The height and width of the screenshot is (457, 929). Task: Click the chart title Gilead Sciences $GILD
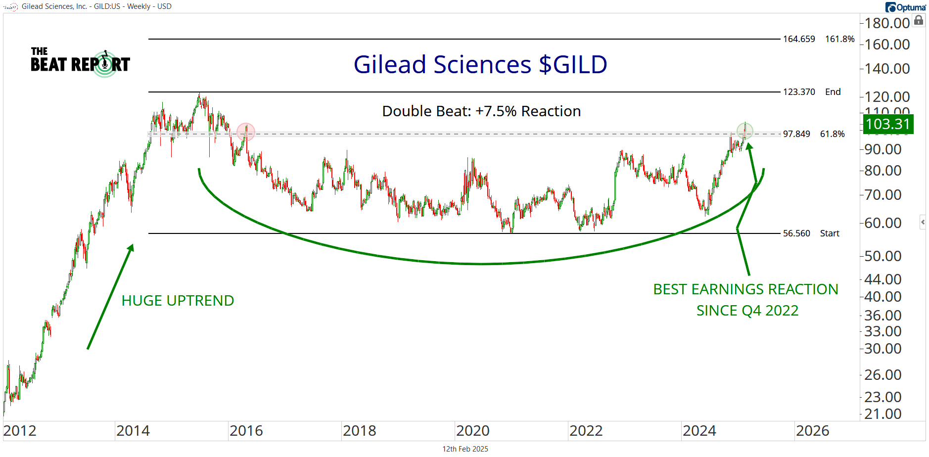(480, 65)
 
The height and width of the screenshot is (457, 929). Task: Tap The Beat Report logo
(80, 64)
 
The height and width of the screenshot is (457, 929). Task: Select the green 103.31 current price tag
(888, 124)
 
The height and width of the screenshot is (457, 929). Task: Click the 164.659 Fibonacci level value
(798, 39)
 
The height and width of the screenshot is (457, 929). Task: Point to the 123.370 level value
(798, 92)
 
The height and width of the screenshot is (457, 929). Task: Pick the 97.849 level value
(796, 134)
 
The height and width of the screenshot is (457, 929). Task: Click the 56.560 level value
(796, 233)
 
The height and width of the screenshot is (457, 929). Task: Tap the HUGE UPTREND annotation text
(178, 301)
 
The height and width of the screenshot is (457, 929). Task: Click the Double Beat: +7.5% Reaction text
(481, 111)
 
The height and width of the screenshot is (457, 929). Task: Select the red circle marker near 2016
(245, 132)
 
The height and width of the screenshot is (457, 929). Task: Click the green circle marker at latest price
(744, 131)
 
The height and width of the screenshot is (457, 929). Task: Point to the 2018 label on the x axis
(359, 431)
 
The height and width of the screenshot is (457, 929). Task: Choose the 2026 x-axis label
(812, 431)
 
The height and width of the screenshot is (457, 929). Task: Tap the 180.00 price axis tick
(887, 23)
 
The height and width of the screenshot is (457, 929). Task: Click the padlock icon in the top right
(919, 20)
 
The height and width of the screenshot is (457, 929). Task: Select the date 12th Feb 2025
(465, 449)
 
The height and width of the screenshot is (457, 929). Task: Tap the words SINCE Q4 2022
(747, 311)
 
